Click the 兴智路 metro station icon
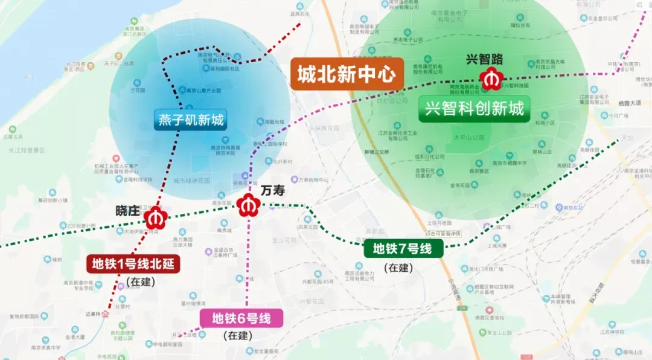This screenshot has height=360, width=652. tap(489, 78)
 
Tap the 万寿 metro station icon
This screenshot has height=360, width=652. tap(247, 206)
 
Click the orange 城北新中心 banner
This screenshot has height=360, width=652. tap(347, 74)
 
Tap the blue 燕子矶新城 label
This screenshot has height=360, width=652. tap(191, 121)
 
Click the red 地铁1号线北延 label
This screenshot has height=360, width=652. tap(133, 264)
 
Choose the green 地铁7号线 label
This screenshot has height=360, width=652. tap(403, 248)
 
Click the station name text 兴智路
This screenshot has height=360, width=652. tap(485, 59)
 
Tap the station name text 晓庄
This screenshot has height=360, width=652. tap(127, 210)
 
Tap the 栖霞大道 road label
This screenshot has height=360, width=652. tap(631, 104)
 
